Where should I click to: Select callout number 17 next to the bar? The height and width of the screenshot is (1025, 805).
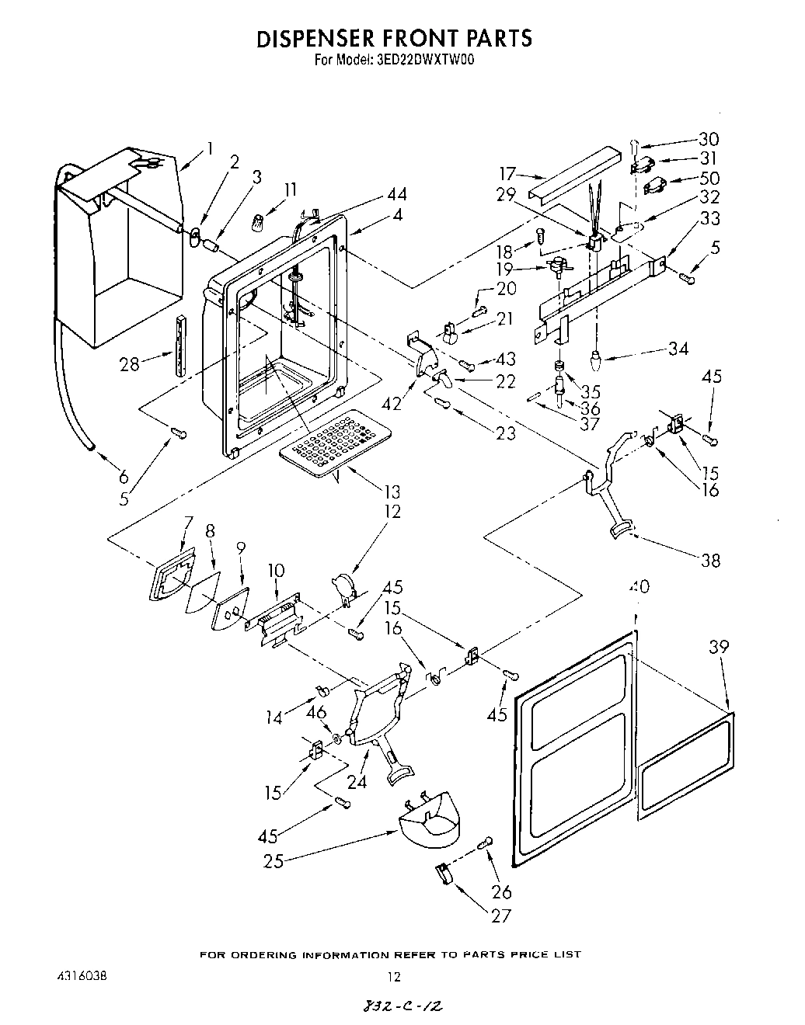pos(508,174)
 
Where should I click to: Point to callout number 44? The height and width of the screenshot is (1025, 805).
pos(396,195)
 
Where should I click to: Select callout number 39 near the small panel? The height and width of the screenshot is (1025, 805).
pos(719,647)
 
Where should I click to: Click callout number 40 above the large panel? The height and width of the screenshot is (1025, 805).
pos(639,586)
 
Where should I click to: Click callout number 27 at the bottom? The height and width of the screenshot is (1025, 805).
pos(501,916)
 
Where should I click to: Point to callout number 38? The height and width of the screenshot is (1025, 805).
pos(710,560)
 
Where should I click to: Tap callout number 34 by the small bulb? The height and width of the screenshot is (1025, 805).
pos(678,349)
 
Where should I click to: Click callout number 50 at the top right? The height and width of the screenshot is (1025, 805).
pos(709,179)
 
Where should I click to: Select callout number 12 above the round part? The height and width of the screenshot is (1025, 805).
pos(392,512)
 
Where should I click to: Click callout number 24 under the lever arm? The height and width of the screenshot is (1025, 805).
pos(357,782)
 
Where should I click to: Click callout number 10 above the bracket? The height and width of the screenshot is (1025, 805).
pos(277,572)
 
